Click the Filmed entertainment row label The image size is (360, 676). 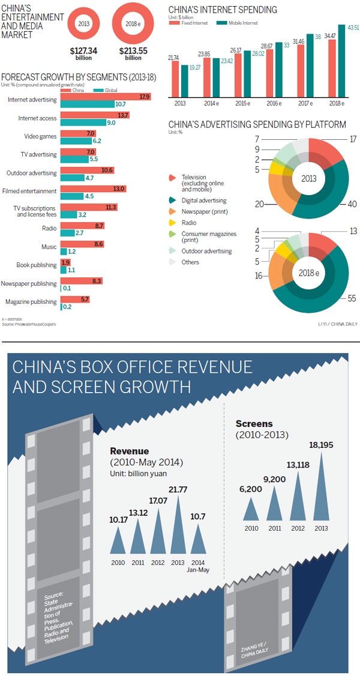pos(35,191)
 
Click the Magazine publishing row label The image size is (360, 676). pos(35,301)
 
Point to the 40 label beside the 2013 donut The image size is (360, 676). pos(352,204)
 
